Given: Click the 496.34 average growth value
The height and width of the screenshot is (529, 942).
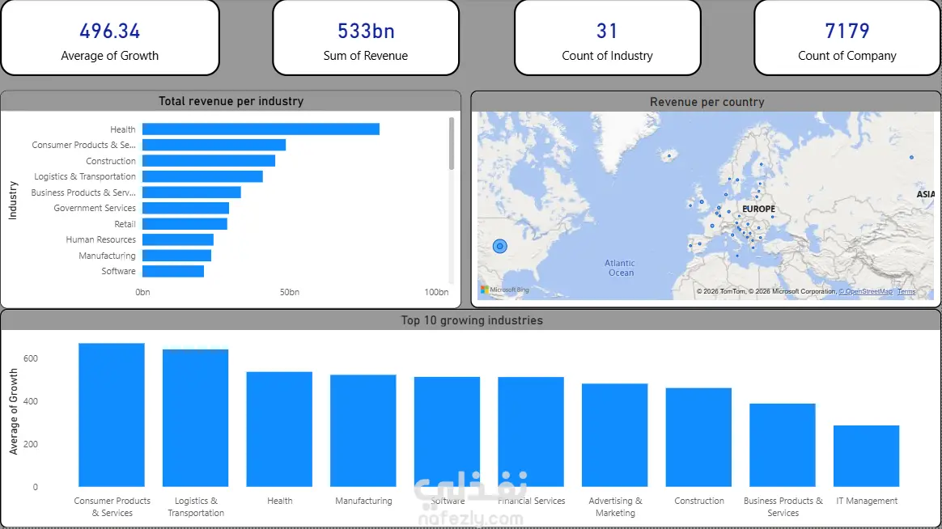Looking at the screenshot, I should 109,32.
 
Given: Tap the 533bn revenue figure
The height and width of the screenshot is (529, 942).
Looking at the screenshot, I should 366,32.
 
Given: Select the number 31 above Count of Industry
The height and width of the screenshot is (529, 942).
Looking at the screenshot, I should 607,32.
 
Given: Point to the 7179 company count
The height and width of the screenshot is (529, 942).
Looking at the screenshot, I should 847,32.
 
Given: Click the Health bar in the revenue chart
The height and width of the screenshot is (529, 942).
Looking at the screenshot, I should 261,129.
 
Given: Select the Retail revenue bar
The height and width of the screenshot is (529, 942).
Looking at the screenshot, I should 185,224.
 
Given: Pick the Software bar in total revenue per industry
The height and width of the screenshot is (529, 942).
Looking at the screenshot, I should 173,271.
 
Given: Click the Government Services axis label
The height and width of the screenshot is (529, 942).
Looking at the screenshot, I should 95,208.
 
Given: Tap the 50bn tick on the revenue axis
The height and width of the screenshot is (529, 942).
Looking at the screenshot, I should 290,292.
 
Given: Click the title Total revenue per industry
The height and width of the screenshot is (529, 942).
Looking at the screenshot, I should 231,101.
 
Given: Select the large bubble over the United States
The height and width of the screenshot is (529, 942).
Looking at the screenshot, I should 500,246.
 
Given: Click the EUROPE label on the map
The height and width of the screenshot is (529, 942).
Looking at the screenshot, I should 758,209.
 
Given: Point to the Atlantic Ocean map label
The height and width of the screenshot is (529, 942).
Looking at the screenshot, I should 620,268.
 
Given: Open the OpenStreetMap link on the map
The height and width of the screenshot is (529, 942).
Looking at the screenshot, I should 865,291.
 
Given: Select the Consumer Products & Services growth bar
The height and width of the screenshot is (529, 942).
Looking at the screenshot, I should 112,414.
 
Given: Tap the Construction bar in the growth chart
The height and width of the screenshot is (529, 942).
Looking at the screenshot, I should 699,437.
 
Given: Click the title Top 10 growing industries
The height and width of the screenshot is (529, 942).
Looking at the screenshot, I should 472,320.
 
